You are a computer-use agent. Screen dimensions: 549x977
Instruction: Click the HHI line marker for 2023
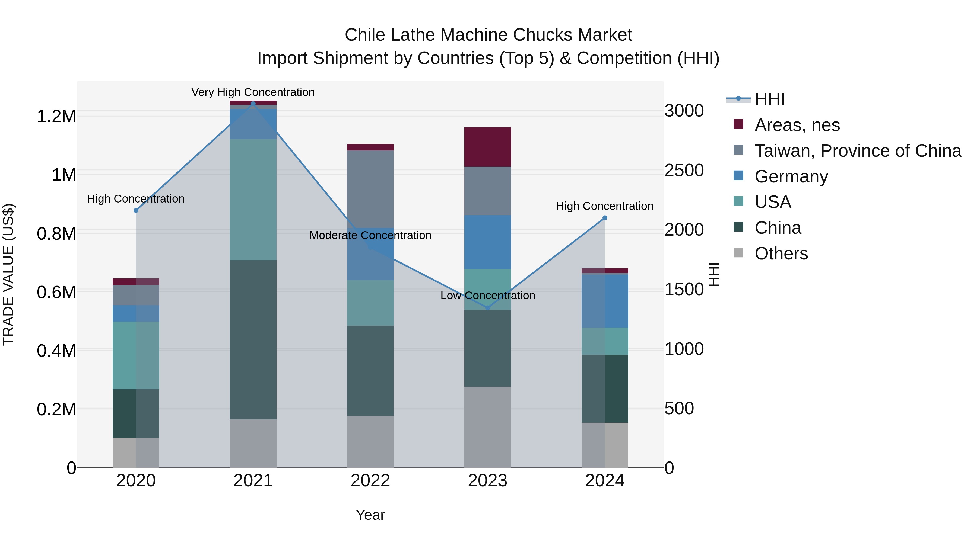pyautogui.click(x=488, y=308)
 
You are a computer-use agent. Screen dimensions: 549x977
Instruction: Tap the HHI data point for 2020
pyautogui.click(x=136, y=210)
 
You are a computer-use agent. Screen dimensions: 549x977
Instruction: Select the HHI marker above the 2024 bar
pyautogui.click(x=605, y=218)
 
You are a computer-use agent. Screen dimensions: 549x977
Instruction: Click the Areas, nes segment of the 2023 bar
pyautogui.click(x=488, y=147)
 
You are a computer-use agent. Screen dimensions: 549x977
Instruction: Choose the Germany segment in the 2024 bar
pyautogui.click(x=605, y=300)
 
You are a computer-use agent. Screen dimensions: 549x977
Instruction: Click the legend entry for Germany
pyautogui.click(x=791, y=176)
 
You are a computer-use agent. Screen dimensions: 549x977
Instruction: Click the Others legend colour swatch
pyautogui.click(x=738, y=253)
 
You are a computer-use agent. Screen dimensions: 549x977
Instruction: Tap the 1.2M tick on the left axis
pyautogui.click(x=56, y=116)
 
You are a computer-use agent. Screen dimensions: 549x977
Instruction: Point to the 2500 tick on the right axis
pyautogui.click(x=684, y=171)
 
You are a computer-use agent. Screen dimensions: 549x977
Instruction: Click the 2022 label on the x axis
pyautogui.click(x=370, y=481)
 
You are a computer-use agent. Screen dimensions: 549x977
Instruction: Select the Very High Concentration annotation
pyautogui.click(x=253, y=92)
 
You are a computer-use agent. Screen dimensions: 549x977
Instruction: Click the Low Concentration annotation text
pyautogui.click(x=488, y=296)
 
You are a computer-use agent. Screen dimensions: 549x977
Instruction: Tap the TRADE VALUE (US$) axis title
pyautogui.click(x=8, y=274)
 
